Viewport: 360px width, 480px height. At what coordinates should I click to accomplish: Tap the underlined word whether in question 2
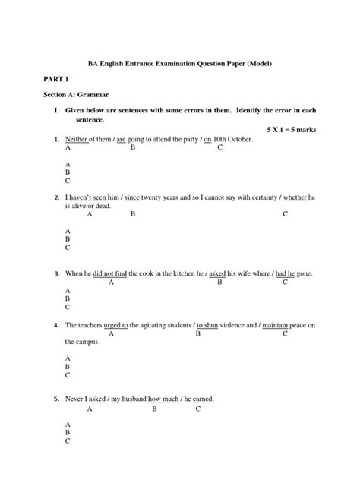coord(295,197)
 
